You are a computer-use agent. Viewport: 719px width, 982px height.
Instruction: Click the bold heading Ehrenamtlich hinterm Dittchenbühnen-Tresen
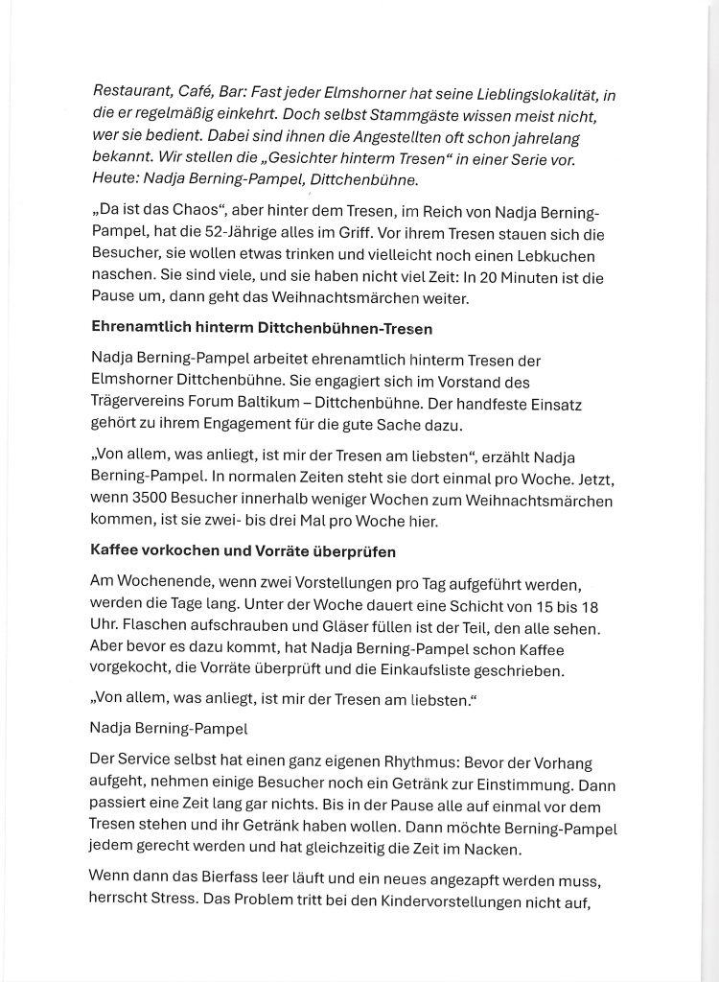(x=261, y=328)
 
